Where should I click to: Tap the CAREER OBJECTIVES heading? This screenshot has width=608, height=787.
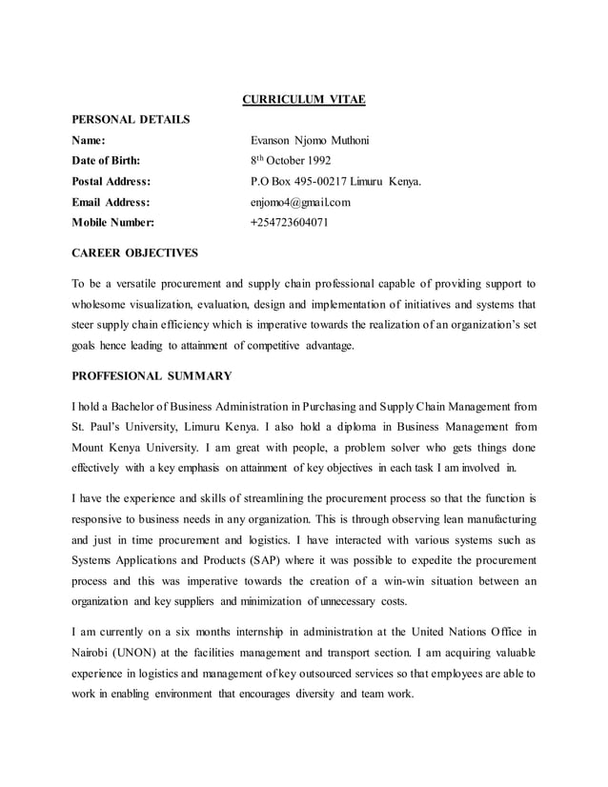click(x=135, y=253)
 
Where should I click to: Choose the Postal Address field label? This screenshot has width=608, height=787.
click(x=112, y=181)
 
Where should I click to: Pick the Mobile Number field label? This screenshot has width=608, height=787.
click(x=113, y=223)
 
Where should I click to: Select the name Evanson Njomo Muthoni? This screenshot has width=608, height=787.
click(x=309, y=140)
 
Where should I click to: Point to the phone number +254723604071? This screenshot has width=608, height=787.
click(x=289, y=223)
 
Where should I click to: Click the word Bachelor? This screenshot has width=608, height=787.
click(x=141, y=406)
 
